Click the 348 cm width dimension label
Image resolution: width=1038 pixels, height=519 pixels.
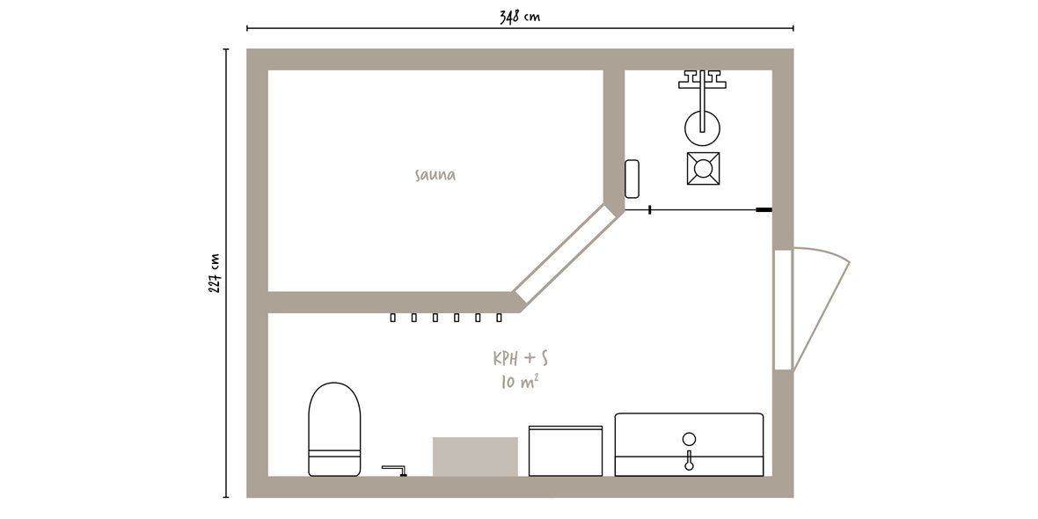tap(520, 16)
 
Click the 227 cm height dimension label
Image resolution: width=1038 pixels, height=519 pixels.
tap(215, 274)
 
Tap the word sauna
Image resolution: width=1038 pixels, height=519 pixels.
tap(435, 175)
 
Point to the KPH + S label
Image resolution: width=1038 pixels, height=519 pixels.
tap(521, 359)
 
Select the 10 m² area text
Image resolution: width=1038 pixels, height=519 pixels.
tap(519, 382)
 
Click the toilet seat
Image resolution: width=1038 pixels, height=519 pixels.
tap(334, 429)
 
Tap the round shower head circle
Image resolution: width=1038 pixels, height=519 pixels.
tap(702, 128)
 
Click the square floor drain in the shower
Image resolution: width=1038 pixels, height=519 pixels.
tap(703, 168)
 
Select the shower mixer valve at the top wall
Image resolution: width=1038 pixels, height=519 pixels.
tap(702, 79)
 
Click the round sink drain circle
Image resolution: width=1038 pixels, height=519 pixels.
tap(689, 438)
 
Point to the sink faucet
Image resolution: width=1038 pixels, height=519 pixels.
tap(689, 460)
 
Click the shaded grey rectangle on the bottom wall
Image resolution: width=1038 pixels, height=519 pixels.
tap(475, 457)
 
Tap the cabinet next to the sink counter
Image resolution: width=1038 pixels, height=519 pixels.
tap(566, 450)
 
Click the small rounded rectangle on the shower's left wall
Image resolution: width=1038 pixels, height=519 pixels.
tap(632, 178)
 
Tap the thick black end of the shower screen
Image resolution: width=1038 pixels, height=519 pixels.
tap(764, 210)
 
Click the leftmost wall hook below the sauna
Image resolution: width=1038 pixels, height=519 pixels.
tap(392, 318)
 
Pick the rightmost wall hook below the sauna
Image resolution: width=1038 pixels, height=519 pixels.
tap(499, 318)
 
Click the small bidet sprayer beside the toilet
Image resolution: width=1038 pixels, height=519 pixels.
tap(396, 470)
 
